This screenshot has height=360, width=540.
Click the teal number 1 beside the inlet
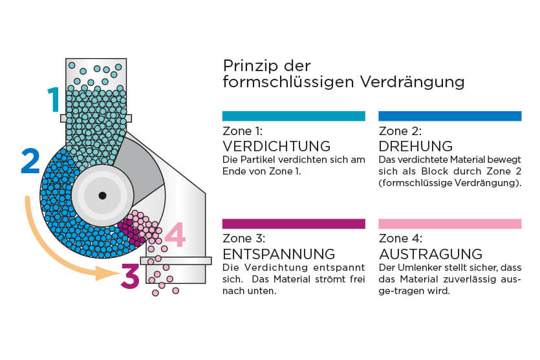click(54, 99)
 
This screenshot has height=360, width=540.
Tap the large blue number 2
click(30, 161)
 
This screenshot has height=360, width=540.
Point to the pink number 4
click(175, 234)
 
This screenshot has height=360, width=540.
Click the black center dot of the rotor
click(102, 195)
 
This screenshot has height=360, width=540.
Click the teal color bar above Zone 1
click(294, 116)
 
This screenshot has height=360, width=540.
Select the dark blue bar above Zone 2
click(449, 116)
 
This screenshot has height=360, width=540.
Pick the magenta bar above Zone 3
click(294, 224)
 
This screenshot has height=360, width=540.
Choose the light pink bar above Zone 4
click(449, 224)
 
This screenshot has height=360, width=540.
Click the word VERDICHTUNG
click(277, 146)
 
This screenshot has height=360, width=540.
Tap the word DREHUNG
click(416, 146)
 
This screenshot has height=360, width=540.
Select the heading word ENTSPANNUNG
click(279, 254)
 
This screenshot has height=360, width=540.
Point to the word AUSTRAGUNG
click(431, 254)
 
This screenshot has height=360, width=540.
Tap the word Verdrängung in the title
click(412, 83)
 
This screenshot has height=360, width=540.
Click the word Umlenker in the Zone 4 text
click(415, 268)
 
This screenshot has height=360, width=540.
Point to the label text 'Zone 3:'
click(244, 238)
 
